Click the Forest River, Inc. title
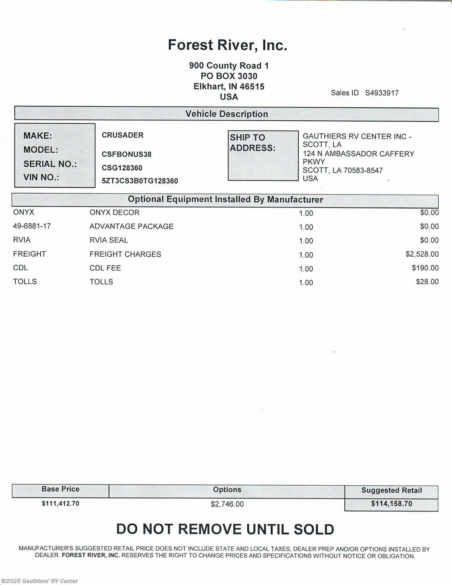pyautogui.click(x=227, y=45)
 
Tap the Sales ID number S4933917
pyautogui.click(x=382, y=93)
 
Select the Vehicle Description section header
pyautogui.click(x=227, y=114)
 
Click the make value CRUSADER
pyautogui.click(x=123, y=135)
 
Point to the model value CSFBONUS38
pyautogui.click(x=126, y=154)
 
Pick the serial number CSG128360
pyautogui.click(x=122, y=168)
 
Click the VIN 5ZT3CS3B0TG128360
pyautogui.click(x=140, y=181)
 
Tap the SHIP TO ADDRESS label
pyautogui.click(x=252, y=143)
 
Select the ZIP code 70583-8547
pyautogui.click(x=363, y=170)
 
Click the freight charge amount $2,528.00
pyautogui.click(x=422, y=254)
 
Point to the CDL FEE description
pyautogui.click(x=105, y=268)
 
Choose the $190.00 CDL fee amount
pyautogui.click(x=425, y=268)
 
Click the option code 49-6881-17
pyautogui.click(x=32, y=226)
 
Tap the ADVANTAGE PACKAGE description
pyautogui.click(x=131, y=227)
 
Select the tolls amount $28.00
pyautogui.click(x=427, y=282)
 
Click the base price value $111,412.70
pyautogui.click(x=61, y=503)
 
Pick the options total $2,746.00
pyautogui.click(x=227, y=504)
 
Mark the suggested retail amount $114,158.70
pyautogui.click(x=391, y=504)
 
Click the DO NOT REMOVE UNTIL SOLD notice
pyautogui.click(x=225, y=529)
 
